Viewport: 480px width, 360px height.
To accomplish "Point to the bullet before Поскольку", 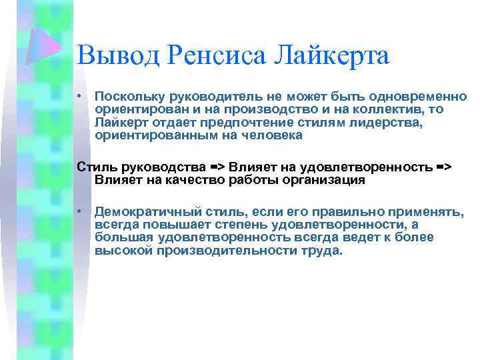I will coord(79,97).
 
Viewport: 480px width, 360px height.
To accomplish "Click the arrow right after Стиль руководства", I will coord(217,167).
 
